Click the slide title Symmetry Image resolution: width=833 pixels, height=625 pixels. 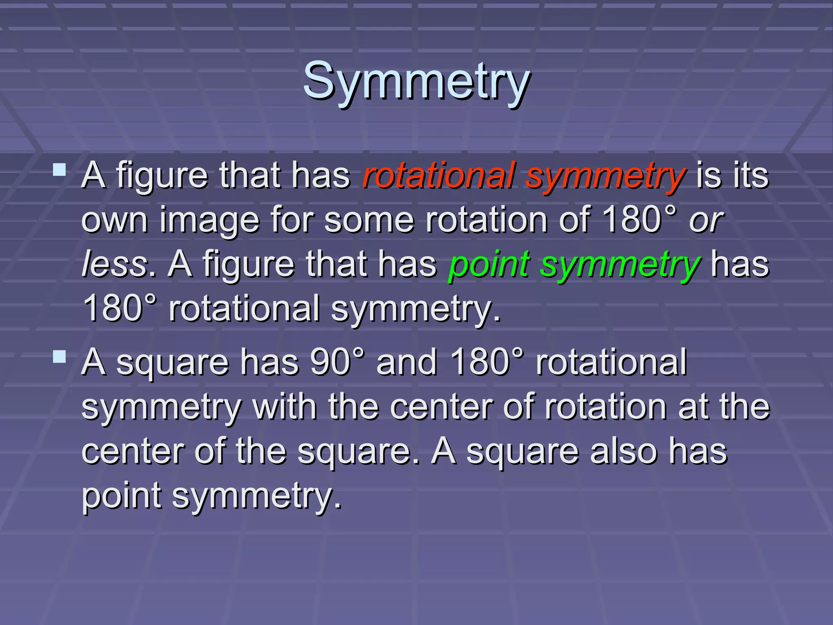click(x=416, y=81)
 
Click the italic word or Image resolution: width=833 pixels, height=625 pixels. click(x=706, y=220)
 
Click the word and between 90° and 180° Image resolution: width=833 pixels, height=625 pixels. click(x=406, y=362)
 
